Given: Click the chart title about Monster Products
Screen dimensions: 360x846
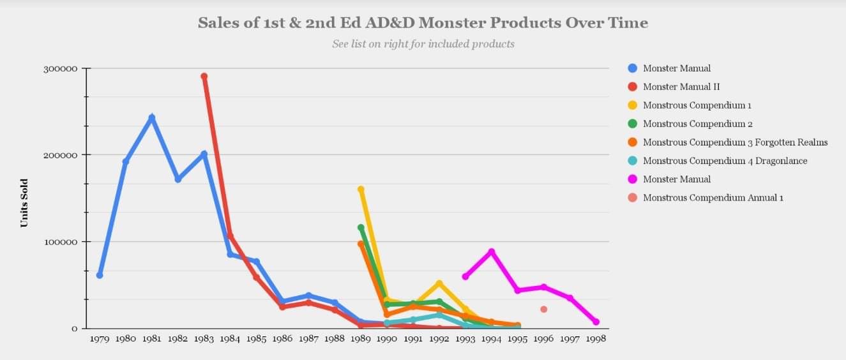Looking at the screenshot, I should pos(423,23).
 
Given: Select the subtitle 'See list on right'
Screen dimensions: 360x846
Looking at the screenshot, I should pos(423,44).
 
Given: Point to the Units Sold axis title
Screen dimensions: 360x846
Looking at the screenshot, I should pos(24,202).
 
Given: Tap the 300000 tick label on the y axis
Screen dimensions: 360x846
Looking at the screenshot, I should pos(60,68).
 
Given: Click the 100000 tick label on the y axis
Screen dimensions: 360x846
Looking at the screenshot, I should pos(60,242).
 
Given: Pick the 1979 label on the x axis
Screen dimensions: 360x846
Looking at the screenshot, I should pos(100,339).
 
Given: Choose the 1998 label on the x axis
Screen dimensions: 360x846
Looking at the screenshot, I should pos(596,339).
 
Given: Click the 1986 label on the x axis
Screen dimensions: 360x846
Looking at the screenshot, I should pos(282,339).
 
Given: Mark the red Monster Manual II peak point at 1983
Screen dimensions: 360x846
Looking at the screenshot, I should pos(204,77).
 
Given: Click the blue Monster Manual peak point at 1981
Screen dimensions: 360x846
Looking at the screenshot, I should pos(152,117).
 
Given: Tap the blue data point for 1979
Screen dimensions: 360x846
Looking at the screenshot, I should pos(100,275).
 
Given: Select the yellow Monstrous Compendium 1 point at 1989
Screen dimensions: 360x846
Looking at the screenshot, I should pos(361,190).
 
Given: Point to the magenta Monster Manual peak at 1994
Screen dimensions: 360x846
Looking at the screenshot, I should pos(491,251).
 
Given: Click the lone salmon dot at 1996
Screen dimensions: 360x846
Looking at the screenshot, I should pos(543,309).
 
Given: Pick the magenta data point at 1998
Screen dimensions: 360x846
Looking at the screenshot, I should pos(596,322).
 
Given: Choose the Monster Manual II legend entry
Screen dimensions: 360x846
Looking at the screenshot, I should pos(681,87).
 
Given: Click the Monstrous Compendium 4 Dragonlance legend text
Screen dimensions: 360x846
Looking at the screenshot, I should pos(725,161).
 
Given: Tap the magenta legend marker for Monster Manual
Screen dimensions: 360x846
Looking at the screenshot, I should pos(633,179).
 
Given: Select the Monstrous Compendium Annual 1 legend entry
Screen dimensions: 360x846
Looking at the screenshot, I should pos(713,198).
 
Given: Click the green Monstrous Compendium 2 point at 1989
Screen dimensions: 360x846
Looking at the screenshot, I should pos(361,227).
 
